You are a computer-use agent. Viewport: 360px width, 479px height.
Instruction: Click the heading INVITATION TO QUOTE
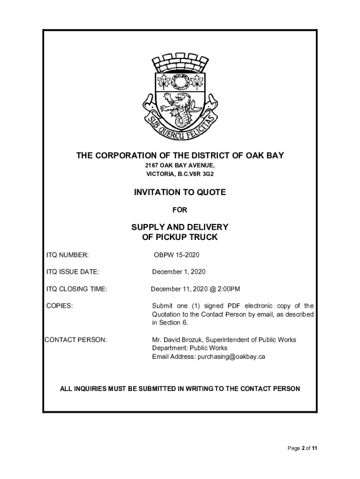tap(180, 192)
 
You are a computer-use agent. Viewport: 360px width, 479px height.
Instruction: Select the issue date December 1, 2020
tap(179, 272)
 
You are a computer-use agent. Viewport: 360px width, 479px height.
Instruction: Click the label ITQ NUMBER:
tap(67, 255)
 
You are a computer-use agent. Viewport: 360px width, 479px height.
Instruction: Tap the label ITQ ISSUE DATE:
tap(72, 272)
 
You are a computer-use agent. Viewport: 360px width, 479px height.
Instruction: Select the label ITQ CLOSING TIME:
tap(77, 289)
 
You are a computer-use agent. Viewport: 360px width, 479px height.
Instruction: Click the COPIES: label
tap(59, 306)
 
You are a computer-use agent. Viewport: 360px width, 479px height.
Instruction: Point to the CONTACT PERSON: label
tap(75, 340)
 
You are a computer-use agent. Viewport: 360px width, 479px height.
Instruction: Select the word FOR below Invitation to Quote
tap(180, 210)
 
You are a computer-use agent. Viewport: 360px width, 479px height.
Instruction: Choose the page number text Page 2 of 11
tap(302, 448)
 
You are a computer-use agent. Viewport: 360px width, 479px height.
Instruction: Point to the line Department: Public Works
tap(189, 348)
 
